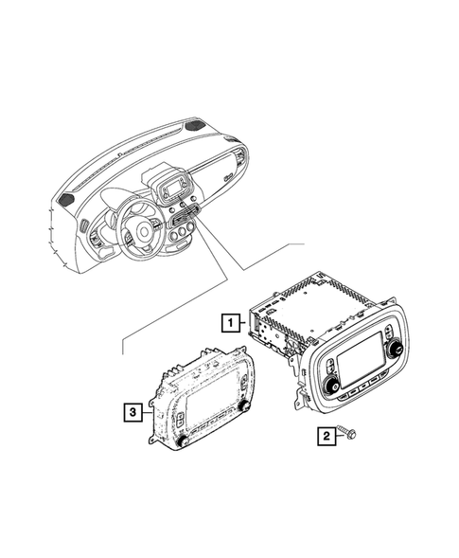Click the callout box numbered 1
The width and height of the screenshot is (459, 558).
(x=229, y=322)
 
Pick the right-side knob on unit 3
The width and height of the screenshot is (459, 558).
(x=242, y=405)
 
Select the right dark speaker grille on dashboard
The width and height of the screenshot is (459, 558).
(x=195, y=129)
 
